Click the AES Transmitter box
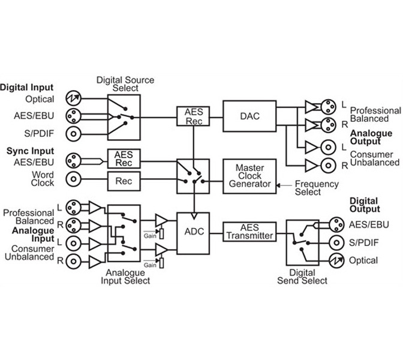[x=248, y=232]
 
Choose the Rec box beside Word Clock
[x=124, y=179]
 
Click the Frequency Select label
[x=317, y=188]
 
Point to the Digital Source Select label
[x=125, y=84]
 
